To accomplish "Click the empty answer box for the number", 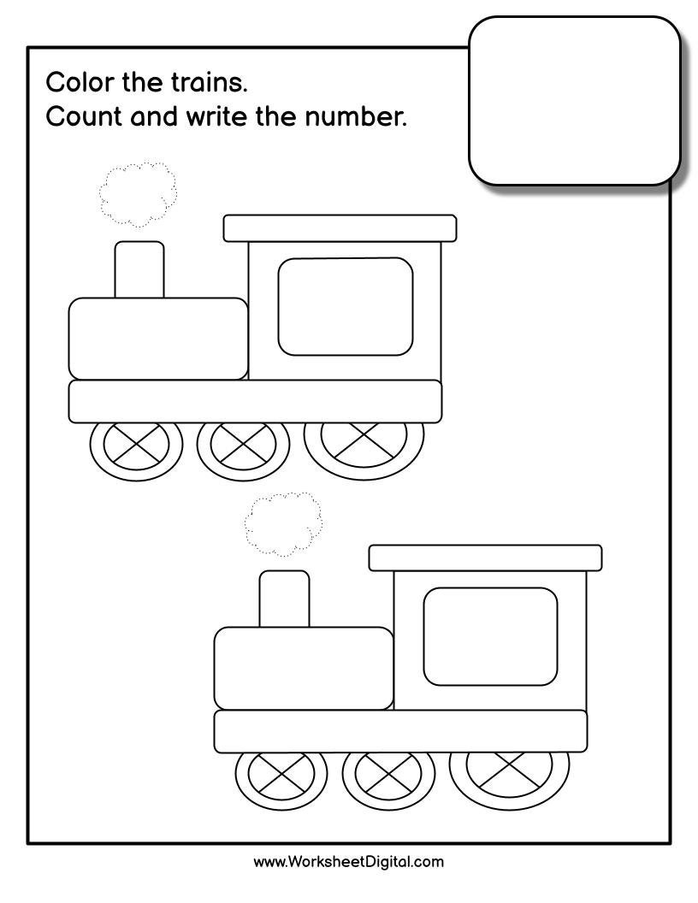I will [x=574, y=100].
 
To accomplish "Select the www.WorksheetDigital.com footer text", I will [x=348, y=861].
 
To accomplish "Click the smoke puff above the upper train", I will [x=139, y=194].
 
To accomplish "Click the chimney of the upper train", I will [x=139, y=269].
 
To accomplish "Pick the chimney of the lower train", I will [x=284, y=599].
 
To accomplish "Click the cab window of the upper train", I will [x=345, y=306].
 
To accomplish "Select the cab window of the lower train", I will [x=490, y=636].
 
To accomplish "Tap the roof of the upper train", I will [x=340, y=227].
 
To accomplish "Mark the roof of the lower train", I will [x=485, y=558].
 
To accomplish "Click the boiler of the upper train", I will [x=158, y=338].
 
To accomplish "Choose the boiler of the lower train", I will [x=304, y=668].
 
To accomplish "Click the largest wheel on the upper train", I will [x=364, y=439].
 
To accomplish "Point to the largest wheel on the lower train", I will [x=509, y=770].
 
